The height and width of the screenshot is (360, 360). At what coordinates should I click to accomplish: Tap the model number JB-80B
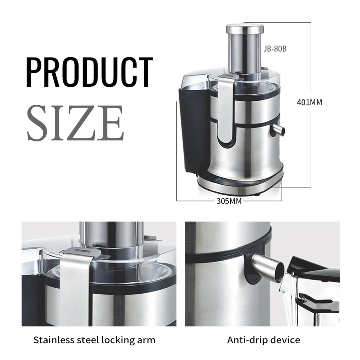coord(275,49)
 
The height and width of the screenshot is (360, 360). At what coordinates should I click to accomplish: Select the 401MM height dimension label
coord(309,102)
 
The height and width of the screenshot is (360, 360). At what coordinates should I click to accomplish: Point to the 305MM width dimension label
coord(229,201)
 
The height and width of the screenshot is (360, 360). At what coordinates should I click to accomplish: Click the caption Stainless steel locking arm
coord(94,340)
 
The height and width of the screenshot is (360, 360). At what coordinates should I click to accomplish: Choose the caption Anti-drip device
coord(263,340)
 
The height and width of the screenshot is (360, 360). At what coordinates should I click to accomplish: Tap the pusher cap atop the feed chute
coord(245,29)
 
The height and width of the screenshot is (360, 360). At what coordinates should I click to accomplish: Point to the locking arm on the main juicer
coord(225,108)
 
